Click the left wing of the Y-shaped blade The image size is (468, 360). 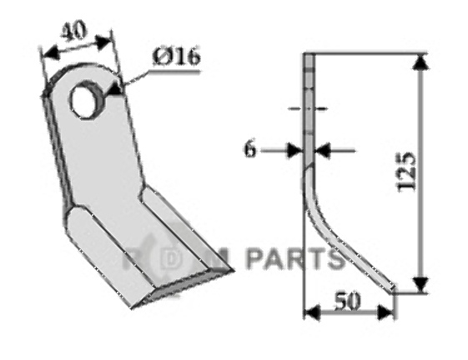click(x=92, y=250)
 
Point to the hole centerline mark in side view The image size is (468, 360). click(x=307, y=107)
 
